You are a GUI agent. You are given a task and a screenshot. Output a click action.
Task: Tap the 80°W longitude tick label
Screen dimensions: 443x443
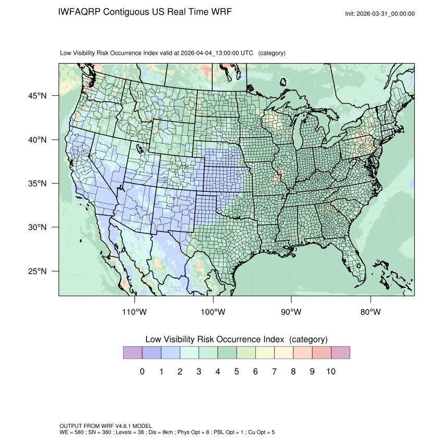[x=371, y=312]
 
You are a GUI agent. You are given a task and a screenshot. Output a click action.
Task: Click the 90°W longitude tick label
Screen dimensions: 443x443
[x=292, y=312]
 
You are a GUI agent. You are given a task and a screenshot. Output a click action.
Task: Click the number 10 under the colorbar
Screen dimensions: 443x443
[x=330, y=372]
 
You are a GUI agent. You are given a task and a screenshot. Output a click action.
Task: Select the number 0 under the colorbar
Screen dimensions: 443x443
[x=142, y=372]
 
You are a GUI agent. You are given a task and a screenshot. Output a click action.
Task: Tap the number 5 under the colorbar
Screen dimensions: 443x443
[x=236, y=372]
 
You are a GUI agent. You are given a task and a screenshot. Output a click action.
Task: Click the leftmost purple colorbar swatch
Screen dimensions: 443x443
[x=132, y=353]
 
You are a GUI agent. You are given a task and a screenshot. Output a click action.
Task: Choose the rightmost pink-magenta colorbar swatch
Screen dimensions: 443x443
[x=340, y=353]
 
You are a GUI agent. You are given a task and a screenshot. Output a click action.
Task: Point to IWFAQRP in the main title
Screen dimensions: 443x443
[x=80, y=12]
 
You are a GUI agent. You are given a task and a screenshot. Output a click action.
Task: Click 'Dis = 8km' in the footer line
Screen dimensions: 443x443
[x=155, y=433]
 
